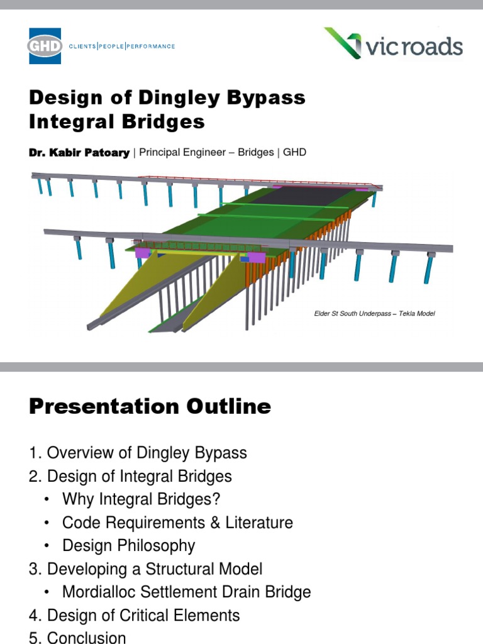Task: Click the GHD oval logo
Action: point(45,46)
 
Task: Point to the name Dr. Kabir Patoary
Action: point(79,152)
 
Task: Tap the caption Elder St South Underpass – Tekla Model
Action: point(374,313)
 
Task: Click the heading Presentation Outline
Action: point(150,407)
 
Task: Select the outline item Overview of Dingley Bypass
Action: point(147,453)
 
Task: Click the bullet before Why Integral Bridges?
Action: point(48,500)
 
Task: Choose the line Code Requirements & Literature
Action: point(177,523)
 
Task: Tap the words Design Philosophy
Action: point(128,546)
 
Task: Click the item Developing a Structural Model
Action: point(155,569)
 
